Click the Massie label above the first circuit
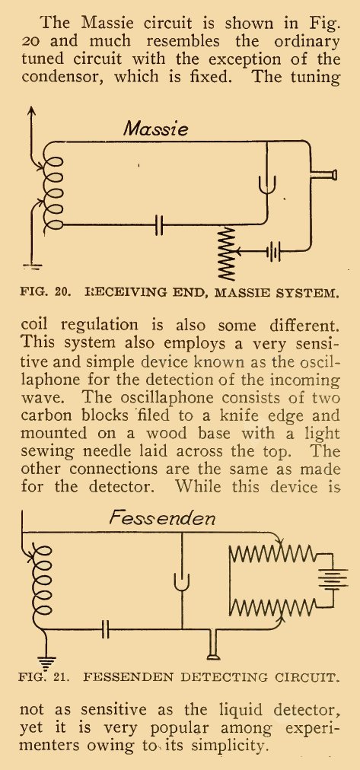click(x=155, y=129)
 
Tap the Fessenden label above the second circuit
click(x=161, y=519)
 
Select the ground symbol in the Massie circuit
click(x=33, y=267)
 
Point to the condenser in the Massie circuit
click(x=159, y=225)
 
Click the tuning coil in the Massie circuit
click(x=52, y=193)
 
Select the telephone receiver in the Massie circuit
click(x=325, y=174)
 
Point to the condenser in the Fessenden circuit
click(x=105, y=629)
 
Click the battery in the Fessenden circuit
click(x=333, y=577)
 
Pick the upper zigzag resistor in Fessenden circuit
click(x=273, y=553)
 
